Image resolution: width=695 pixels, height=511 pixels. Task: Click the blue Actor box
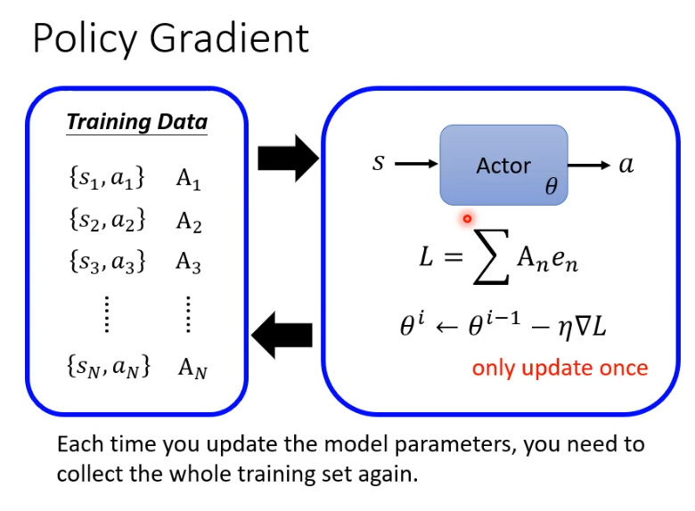coord(503,165)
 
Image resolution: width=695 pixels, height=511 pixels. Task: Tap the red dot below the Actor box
coord(466,218)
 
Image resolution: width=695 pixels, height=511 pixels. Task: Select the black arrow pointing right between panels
coord(287,159)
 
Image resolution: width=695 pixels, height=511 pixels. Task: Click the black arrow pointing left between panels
coord(282,335)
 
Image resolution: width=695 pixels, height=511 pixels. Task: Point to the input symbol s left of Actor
coord(379,164)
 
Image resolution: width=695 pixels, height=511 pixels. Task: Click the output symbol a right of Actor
coord(626,165)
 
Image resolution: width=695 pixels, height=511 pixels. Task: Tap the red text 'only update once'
coord(560,368)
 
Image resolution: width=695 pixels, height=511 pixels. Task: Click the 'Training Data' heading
coord(136,122)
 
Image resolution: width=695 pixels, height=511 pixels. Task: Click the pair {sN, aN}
coord(108,366)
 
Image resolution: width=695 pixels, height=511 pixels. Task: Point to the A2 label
coord(189,220)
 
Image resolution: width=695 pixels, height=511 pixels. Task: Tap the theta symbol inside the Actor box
coord(551,188)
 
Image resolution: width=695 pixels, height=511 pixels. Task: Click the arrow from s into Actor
coord(415,165)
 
